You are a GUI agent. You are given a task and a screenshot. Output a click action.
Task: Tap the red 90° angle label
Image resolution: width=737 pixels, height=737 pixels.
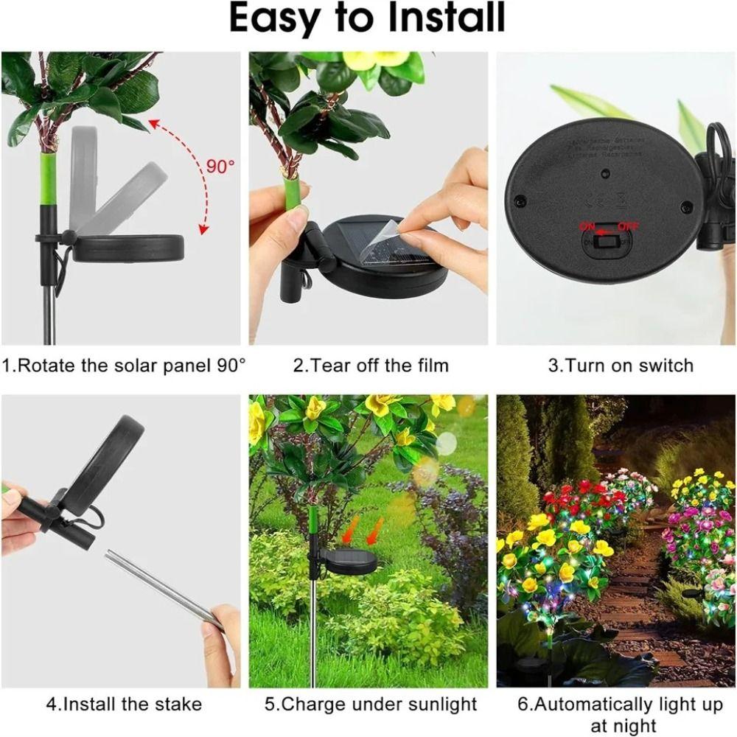click(x=219, y=166)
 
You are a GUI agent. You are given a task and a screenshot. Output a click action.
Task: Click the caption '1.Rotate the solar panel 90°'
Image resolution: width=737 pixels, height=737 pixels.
click(x=124, y=366)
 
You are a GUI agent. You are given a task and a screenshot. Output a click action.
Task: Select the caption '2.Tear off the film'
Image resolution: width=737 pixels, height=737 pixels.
click(x=371, y=366)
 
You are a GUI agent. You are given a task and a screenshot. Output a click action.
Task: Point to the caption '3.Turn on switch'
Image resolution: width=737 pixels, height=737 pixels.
click(x=620, y=366)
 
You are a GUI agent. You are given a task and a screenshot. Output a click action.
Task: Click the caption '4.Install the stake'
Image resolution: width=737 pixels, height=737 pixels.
click(x=123, y=704)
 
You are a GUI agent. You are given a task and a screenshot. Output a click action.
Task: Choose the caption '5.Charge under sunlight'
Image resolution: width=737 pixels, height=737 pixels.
click(x=371, y=704)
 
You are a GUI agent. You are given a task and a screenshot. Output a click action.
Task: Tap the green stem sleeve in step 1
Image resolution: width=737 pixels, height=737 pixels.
click(x=49, y=179)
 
